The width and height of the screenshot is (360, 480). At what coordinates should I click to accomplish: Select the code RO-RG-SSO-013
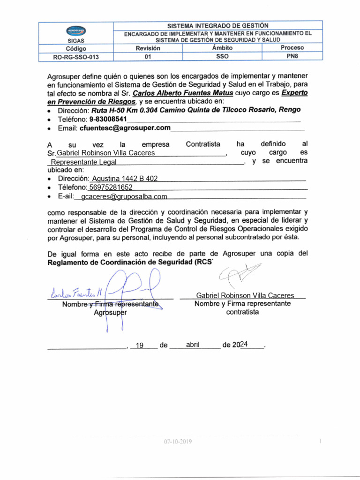(76, 57)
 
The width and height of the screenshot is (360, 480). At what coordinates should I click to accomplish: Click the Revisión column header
(148, 48)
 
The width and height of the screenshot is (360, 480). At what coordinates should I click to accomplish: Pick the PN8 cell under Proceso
(292, 56)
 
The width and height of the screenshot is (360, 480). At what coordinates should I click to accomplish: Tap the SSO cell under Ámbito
(222, 56)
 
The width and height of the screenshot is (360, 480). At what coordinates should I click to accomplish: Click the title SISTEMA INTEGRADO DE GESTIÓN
(218, 25)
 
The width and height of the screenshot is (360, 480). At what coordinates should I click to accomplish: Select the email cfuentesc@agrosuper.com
(125, 127)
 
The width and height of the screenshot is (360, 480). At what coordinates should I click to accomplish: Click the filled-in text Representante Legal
(83, 162)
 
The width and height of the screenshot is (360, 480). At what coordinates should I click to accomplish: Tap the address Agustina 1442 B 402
(125, 179)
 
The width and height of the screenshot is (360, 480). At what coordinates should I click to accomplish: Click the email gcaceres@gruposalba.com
(124, 196)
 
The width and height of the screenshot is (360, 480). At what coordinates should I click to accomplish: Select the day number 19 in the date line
(139, 345)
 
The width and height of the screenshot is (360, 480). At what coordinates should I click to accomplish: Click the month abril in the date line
(193, 345)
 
